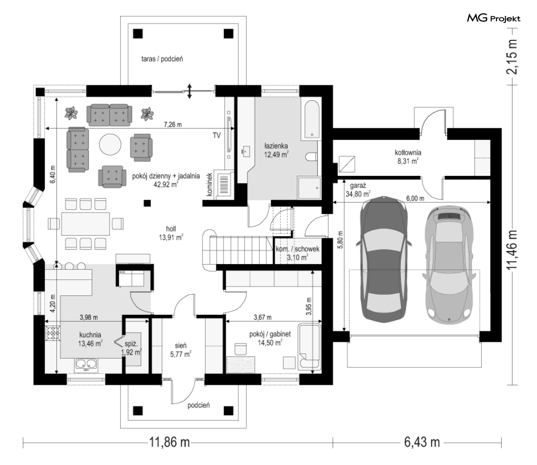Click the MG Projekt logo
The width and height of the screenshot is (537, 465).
[x=494, y=18]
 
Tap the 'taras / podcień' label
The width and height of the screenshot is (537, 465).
[x=162, y=59]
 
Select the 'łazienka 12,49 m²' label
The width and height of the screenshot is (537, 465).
[x=276, y=150]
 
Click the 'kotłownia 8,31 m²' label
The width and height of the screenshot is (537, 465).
[x=408, y=157]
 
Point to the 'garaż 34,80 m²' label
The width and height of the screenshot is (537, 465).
[x=358, y=190]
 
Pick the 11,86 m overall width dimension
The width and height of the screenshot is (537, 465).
[x=169, y=442]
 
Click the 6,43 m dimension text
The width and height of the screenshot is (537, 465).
[x=422, y=442]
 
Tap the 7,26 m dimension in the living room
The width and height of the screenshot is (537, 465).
[x=173, y=125]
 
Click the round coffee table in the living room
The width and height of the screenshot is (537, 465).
[x=110, y=145]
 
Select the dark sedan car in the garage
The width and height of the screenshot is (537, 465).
[x=383, y=259]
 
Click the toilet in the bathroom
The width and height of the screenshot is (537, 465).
[x=312, y=157]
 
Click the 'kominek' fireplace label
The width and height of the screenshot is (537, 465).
[x=210, y=184]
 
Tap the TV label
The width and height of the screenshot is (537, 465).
[x=216, y=135]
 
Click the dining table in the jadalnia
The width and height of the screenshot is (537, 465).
[x=85, y=224]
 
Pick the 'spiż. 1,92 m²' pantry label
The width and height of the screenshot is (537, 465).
[x=131, y=347]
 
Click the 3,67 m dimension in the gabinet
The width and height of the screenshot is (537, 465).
[x=263, y=317]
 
